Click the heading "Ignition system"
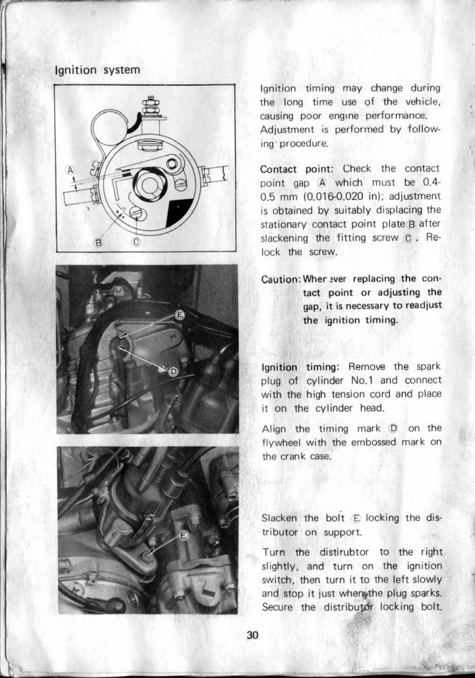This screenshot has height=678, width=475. [x=96, y=71]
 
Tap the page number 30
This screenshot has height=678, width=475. [x=253, y=635]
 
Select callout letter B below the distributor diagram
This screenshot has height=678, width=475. [x=97, y=244]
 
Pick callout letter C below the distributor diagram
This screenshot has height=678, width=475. [x=136, y=244]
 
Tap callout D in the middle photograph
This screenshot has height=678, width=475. [x=174, y=371]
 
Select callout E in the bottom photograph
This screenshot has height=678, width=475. [x=184, y=535]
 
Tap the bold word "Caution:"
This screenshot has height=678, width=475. [x=281, y=279]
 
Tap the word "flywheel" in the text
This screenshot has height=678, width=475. [x=280, y=443]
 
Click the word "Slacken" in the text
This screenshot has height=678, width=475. [x=280, y=518]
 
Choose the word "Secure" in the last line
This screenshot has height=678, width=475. [x=278, y=607]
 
